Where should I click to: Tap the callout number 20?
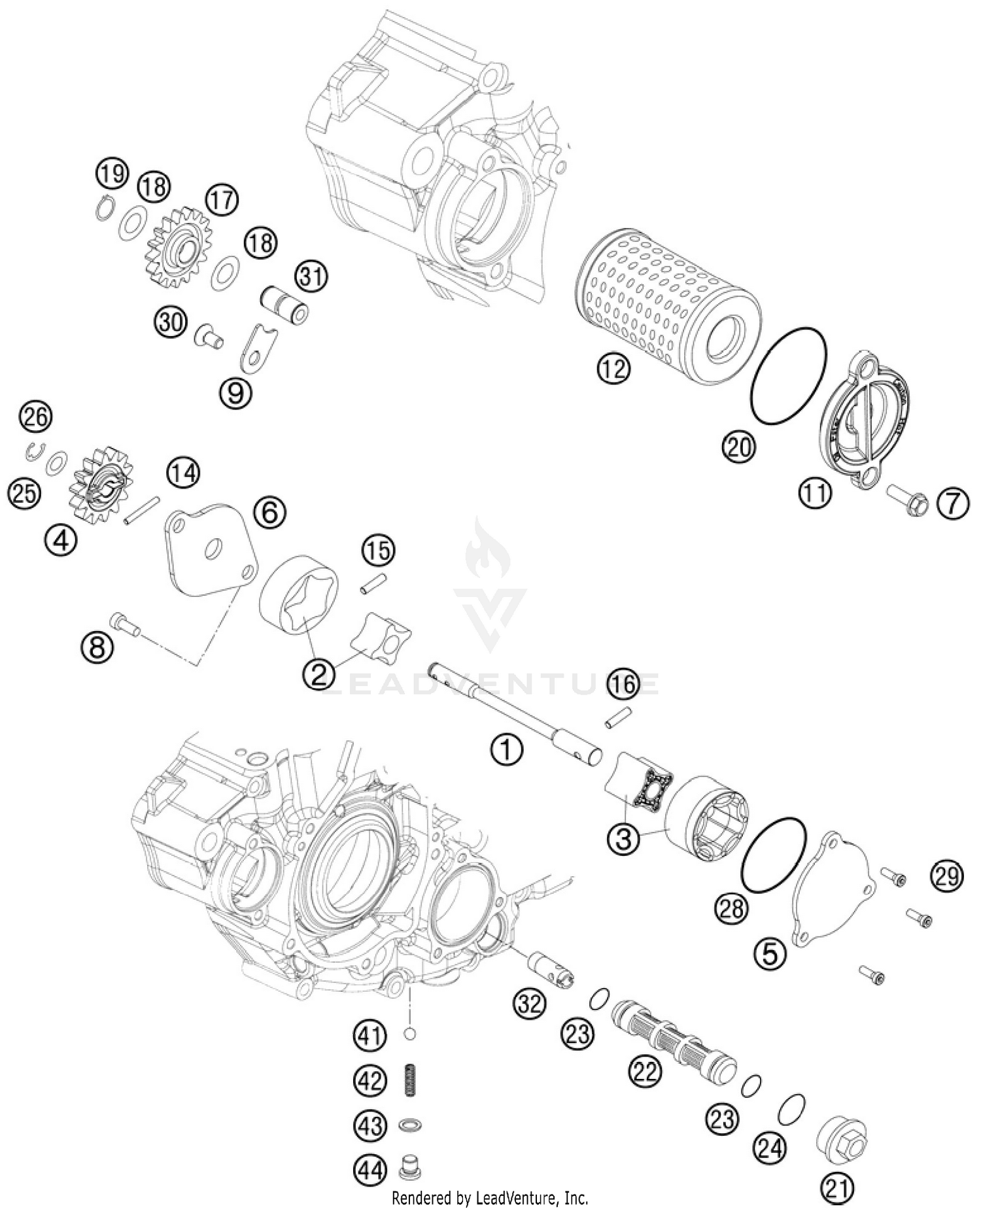[738, 447]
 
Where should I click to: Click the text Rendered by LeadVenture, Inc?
[490, 1198]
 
